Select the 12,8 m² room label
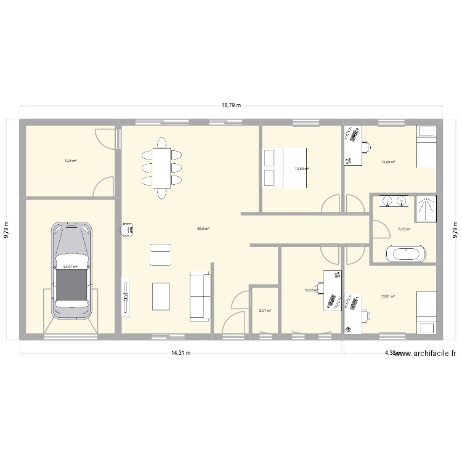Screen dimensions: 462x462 70,161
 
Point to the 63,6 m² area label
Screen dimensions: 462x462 203,229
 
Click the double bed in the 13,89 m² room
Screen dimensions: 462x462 285,167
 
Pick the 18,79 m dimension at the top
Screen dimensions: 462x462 231,105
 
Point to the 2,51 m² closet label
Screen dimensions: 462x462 265,311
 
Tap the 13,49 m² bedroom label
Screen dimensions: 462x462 387,162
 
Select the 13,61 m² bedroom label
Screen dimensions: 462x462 387,296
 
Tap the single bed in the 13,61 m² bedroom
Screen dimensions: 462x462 427,307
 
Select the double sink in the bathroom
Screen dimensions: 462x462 395,201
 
